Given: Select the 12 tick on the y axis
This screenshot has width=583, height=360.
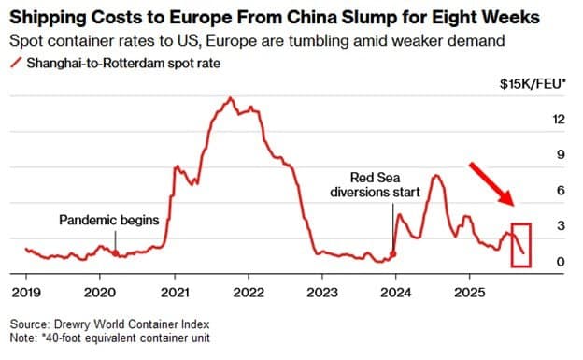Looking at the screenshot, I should pos(559,120).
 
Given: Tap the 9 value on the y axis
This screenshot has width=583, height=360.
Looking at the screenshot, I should pos(562,155).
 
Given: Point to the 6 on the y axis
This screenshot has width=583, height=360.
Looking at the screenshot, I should pos(562,191).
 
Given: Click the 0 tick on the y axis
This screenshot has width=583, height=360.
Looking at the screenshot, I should pos(562,263).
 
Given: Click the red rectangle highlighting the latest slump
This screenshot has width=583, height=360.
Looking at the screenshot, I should pos(520,245).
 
